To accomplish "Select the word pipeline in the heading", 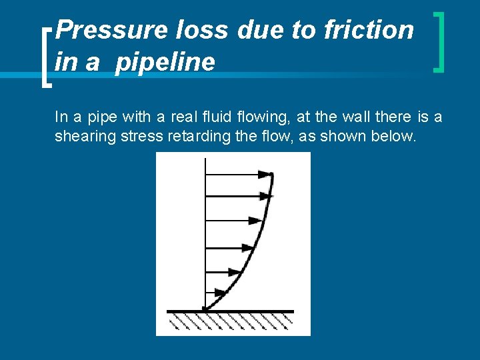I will pyautogui.click(x=165, y=62).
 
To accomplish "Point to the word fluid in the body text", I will pyautogui.click(x=221, y=117).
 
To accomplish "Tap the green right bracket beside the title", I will pyautogui.click(x=439, y=41).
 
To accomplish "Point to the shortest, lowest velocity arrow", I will pyautogui.click(x=215, y=292).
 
